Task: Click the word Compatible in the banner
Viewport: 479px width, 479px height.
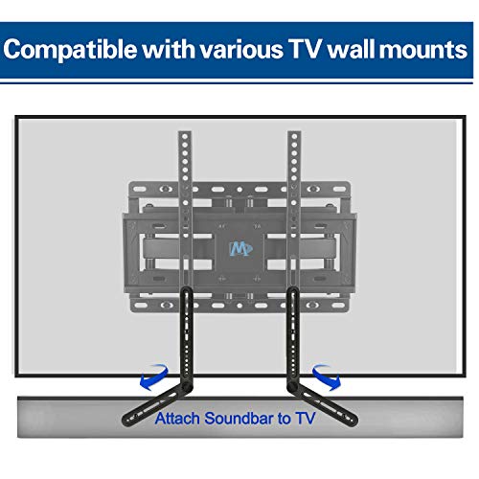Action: [x=71, y=50]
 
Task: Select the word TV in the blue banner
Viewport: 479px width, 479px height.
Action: [x=305, y=49]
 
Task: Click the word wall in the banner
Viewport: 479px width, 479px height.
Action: [x=352, y=49]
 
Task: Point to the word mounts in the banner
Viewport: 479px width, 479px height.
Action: [x=423, y=50]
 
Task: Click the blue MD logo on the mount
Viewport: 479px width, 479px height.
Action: [x=240, y=249]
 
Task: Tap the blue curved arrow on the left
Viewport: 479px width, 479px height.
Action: [x=154, y=377]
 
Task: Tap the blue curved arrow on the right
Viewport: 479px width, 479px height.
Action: [x=327, y=377]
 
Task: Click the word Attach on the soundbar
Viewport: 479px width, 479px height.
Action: [x=177, y=418]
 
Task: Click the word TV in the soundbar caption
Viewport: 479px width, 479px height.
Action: [x=305, y=418]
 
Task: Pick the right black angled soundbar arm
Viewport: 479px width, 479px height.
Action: [x=323, y=404]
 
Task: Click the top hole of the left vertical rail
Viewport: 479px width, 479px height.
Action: [x=185, y=137]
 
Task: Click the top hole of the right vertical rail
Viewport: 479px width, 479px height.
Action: [x=294, y=137]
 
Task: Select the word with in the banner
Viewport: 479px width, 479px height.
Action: [x=170, y=49]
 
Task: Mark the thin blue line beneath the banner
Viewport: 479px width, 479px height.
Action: [x=237, y=82]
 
